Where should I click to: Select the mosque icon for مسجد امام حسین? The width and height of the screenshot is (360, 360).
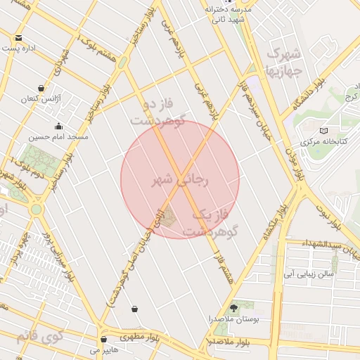point(58,126)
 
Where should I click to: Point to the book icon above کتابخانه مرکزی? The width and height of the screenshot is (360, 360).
point(323,130)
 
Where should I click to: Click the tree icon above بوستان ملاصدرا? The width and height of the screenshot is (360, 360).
point(234,308)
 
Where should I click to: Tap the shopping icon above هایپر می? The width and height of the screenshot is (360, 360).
point(104,339)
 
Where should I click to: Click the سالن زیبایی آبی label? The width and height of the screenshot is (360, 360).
point(308,271)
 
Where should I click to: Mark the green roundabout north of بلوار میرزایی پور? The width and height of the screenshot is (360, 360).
point(36,209)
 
